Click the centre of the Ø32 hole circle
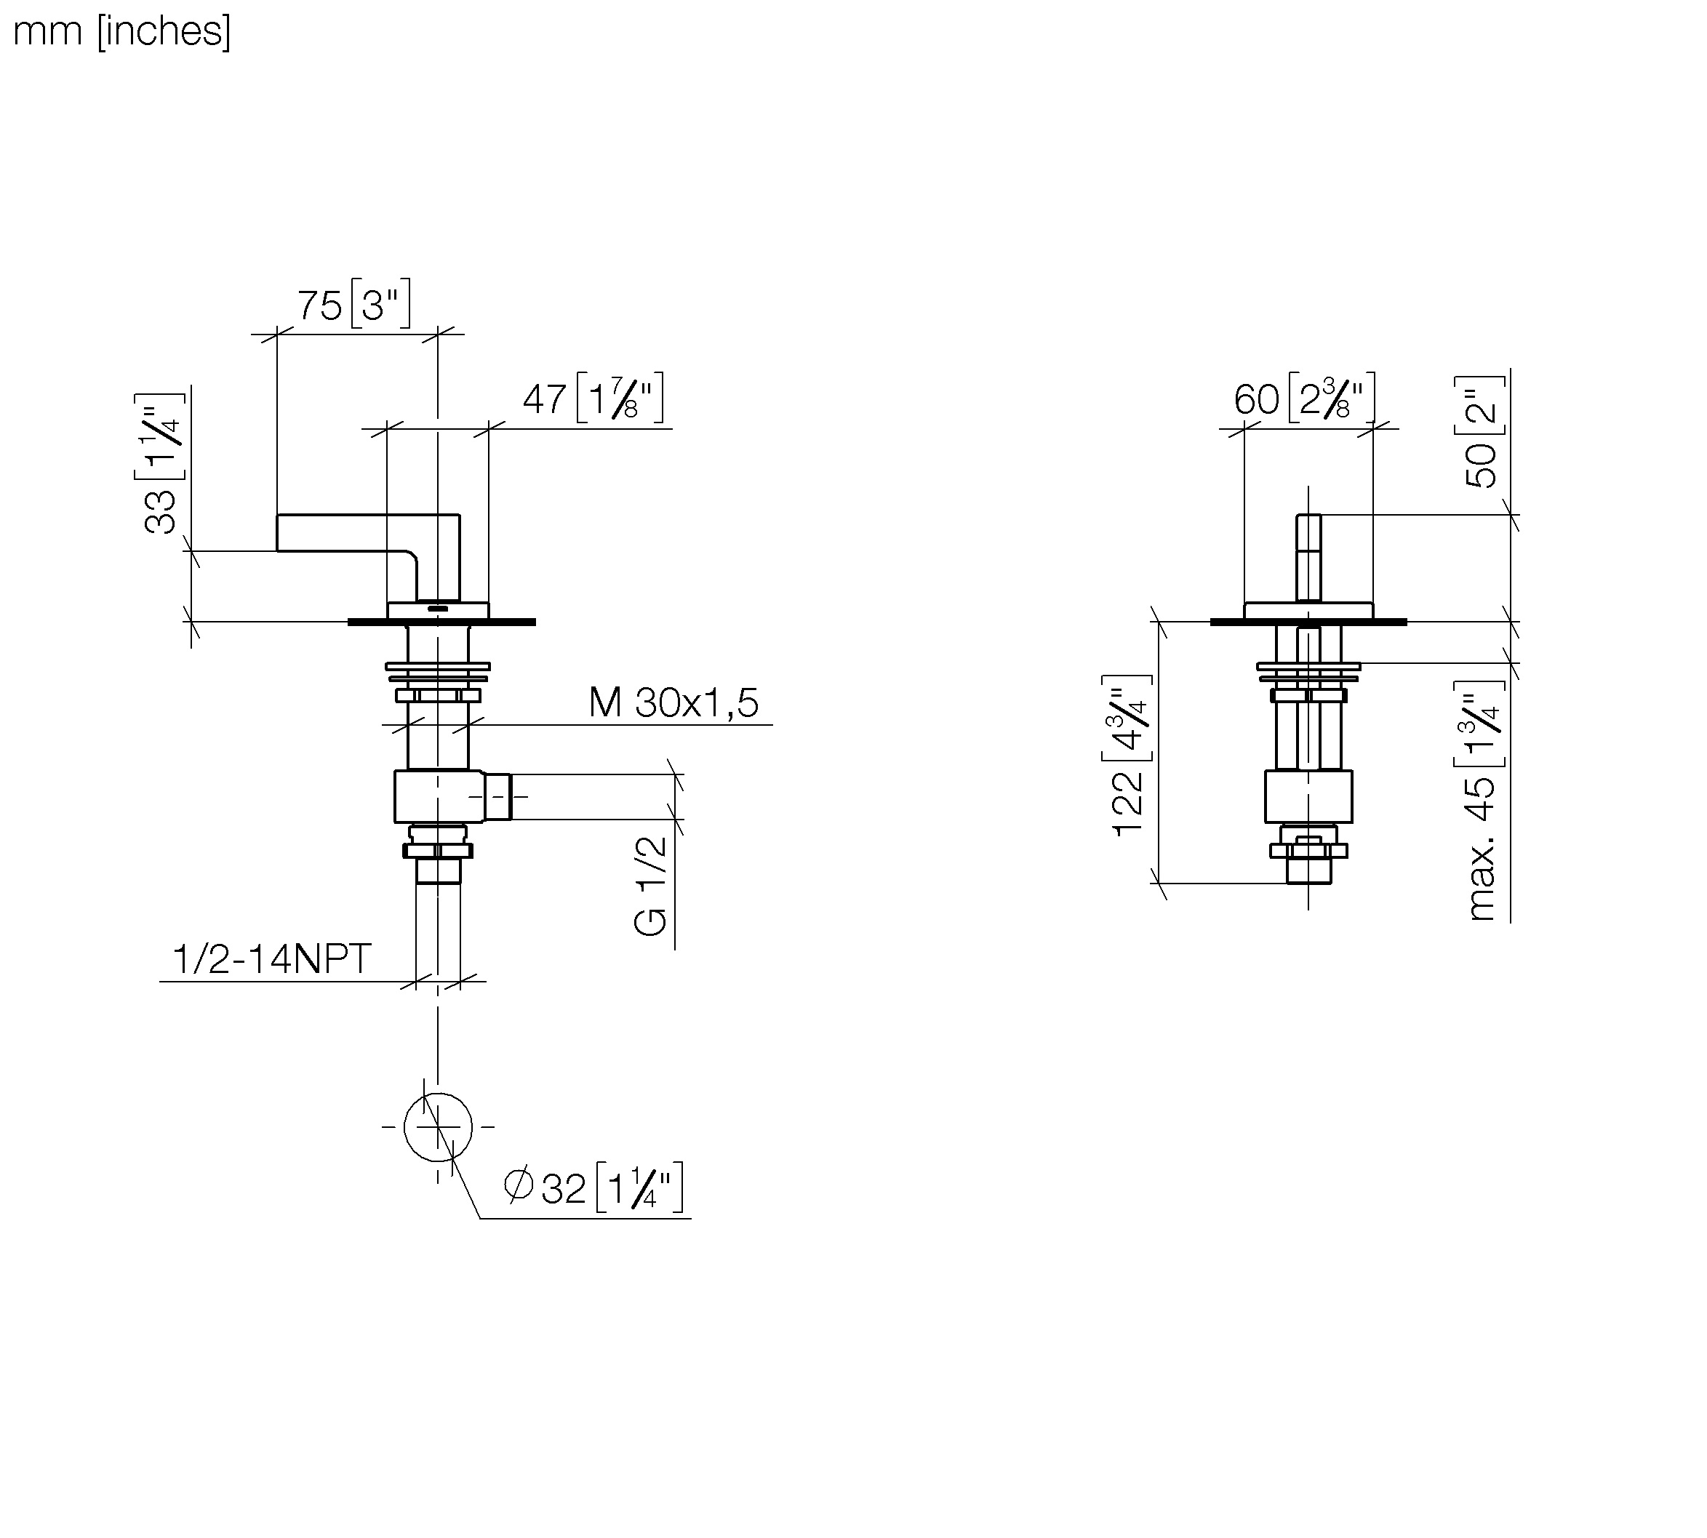pos(438,1126)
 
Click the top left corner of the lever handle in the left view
pos(277,515)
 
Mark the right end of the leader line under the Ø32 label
pos(691,1218)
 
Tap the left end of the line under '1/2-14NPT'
pos(160,982)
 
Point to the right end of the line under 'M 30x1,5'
pos(772,724)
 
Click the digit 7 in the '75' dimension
pos(308,305)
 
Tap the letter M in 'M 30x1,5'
pos(605,702)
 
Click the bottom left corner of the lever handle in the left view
pos(277,551)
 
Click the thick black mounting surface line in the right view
pos(1308,622)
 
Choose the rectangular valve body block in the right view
pos(1308,796)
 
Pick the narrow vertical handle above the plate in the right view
pos(1308,558)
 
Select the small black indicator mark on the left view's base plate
pos(438,609)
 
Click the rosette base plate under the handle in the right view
pos(1308,610)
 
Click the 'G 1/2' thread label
pos(651,885)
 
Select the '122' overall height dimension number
pos(1127,804)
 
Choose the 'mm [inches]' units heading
pos(121,31)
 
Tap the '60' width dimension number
pos(1257,399)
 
